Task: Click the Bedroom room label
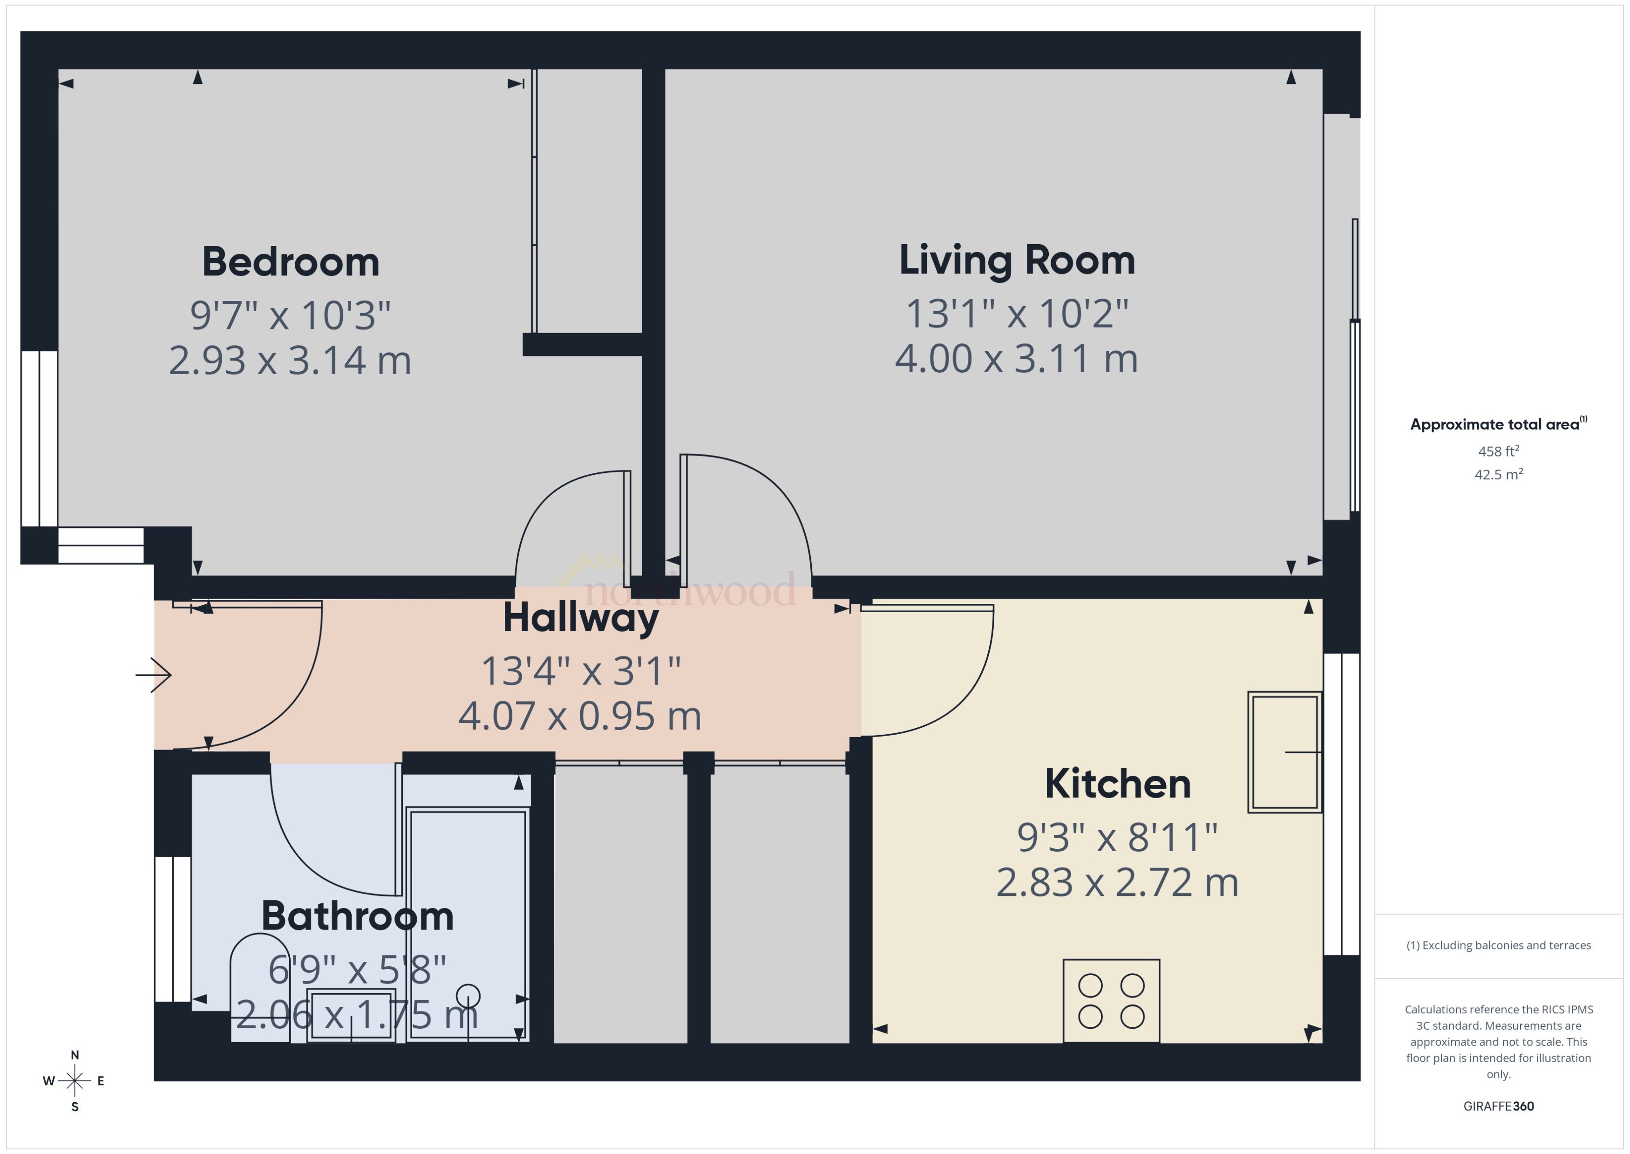291,262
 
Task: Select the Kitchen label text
1117,785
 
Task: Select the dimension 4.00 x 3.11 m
1016,359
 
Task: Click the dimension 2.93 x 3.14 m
290,361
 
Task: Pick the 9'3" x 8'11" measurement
1117,838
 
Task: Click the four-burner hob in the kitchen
1111,1001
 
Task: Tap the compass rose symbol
75,1081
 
